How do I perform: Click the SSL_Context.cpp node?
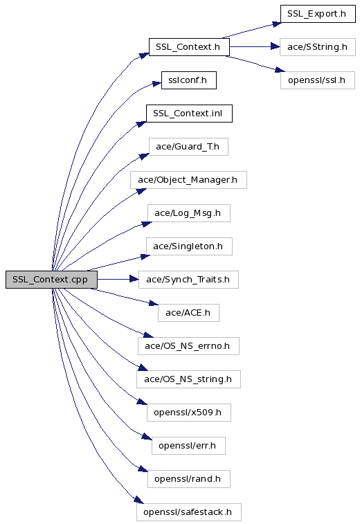[x=51, y=280]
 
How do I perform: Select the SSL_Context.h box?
[x=189, y=47]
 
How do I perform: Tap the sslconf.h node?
[x=189, y=80]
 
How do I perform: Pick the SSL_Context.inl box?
[x=189, y=114]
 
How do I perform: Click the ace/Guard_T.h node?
[x=188, y=147]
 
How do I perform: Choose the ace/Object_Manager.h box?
[x=188, y=180]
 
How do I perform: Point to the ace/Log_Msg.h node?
[x=189, y=213]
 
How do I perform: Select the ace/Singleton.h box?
[x=189, y=246]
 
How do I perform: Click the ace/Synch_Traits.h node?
[x=188, y=280]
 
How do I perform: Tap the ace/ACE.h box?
[x=188, y=313]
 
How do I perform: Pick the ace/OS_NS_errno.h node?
[x=188, y=346]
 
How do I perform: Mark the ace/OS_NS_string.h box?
[x=188, y=379]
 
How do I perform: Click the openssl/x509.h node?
[x=189, y=413]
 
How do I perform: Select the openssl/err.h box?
[x=188, y=446]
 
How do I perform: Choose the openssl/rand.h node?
[x=189, y=479]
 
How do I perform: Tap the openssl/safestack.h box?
[x=189, y=512]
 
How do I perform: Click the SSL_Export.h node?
[x=318, y=14]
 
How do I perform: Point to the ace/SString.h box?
[x=318, y=47]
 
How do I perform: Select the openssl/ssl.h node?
[x=318, y=80]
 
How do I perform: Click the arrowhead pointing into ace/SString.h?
[x=275, y=47]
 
